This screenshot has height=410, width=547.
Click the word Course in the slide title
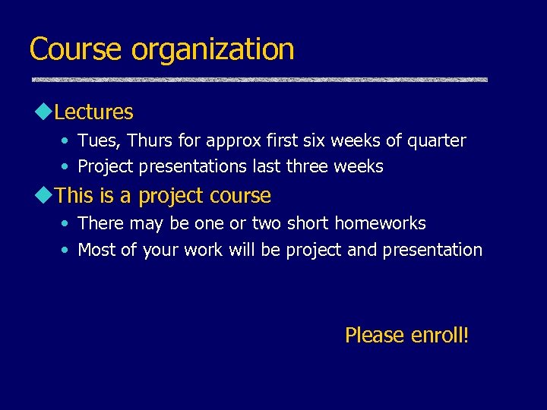(75, 49)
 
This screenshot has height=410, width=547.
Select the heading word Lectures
(94, 112)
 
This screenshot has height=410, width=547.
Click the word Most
(96, 250)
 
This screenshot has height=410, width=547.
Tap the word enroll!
(439, 335)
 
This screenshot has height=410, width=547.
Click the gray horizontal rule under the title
(259, 80)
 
